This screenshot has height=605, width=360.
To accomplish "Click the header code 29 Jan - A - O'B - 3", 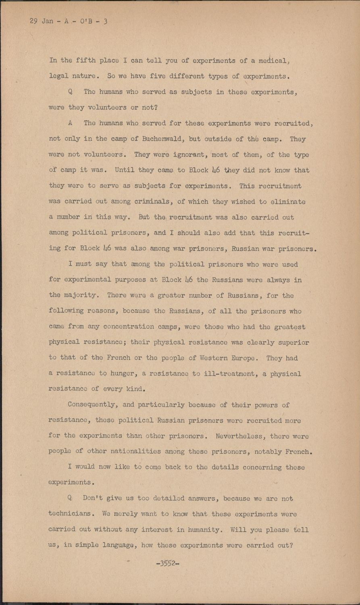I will [69, 21].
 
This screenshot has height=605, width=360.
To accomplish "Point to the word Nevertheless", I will [239, 436].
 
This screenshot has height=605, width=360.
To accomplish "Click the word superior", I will [294, 342].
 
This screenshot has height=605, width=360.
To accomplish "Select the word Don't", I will [93, 499].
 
